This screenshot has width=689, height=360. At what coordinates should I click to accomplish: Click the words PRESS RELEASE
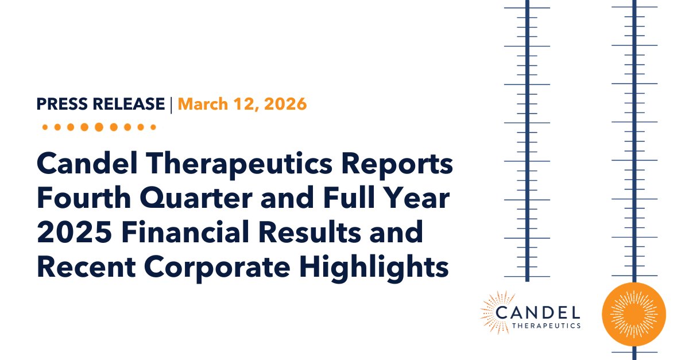click(100, 104)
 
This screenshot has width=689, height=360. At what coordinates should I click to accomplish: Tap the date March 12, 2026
click(242, 104)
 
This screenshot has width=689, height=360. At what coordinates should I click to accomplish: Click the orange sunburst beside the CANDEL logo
click(494, 313)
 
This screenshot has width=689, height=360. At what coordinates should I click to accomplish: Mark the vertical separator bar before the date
click(171, 104)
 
